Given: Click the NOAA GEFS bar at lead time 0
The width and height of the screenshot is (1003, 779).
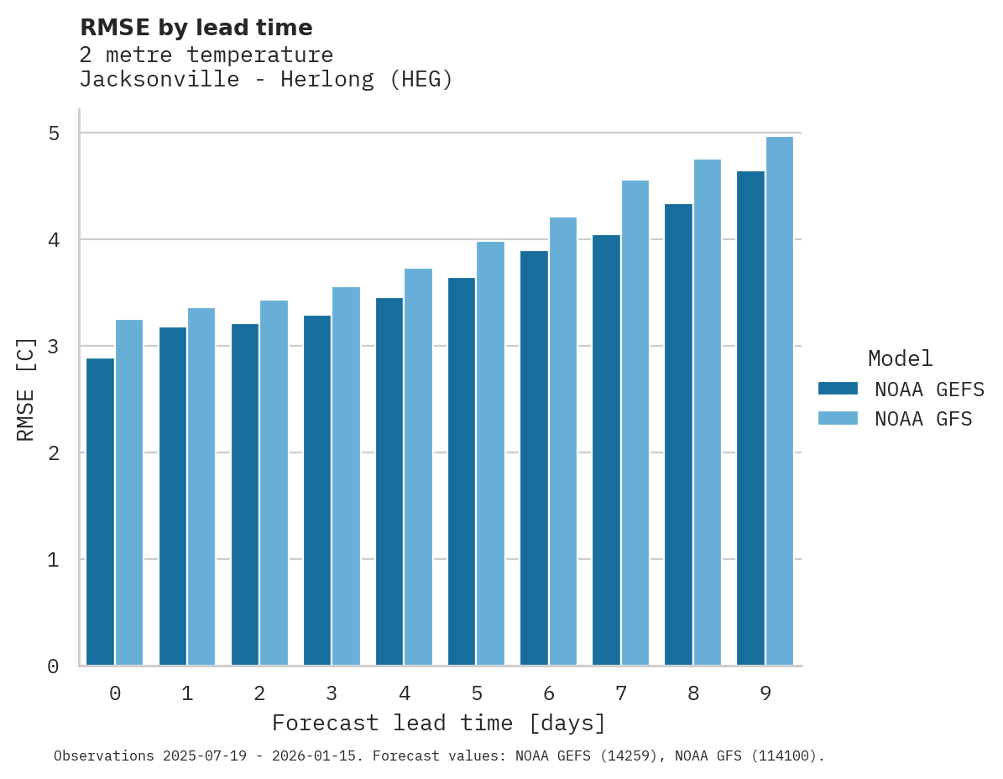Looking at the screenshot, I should (101, 512).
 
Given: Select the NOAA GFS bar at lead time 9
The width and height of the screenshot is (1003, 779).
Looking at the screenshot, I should (780, 401).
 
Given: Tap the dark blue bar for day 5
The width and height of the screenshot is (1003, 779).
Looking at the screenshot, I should (462, 472).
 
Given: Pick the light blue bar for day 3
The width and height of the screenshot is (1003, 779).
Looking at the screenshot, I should (346, 477).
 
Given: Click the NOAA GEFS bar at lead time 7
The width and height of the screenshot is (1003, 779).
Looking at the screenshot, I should (606, 450).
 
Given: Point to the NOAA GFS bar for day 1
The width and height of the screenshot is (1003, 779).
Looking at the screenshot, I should (201, 487).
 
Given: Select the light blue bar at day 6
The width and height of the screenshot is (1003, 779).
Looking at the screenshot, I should (562, 442).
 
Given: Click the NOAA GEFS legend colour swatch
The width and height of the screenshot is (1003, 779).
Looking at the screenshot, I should (838, 389).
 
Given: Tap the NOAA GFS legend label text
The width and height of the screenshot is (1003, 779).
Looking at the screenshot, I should (923, 419).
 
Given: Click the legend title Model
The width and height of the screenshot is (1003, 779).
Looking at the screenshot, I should (900, 358).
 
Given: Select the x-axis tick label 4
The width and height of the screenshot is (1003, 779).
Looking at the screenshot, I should (405, 693).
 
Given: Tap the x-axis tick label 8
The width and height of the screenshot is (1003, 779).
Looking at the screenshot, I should (693, 693).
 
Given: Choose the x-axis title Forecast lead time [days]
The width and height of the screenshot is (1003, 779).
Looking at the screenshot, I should (438, 723).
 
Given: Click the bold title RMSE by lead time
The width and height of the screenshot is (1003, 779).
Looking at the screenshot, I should (196, 28).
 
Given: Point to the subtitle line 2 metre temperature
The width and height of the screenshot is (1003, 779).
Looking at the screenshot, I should (206, 55).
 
